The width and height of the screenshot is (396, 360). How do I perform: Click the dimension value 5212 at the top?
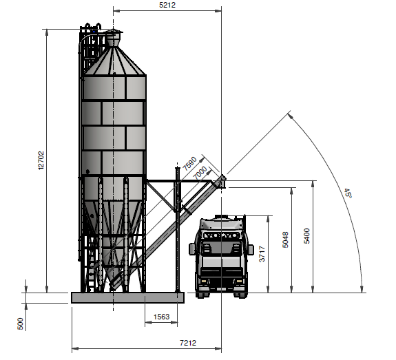[x=167, y=5]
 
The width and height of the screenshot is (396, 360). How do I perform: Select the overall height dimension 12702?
[x=41, y=160]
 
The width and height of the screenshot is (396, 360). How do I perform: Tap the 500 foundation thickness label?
[x=20, y=324]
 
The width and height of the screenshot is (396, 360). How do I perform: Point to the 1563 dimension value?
[x=161, y=317]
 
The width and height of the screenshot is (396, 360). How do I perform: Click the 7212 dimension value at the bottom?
[x=188, y=343]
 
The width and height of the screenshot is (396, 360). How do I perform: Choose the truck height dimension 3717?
[x=262, y=254]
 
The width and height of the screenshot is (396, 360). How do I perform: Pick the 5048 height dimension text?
[x=285, y=240]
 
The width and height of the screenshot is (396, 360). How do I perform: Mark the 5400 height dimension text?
[x=306, y=236]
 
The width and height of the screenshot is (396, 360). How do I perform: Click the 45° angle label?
[x=348, y=193]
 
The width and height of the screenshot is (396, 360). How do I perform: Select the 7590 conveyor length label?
[x=189, y=163]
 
